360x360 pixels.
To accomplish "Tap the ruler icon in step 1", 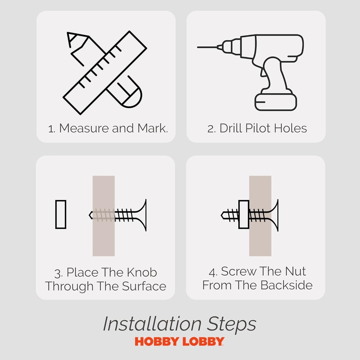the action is click(105, 72).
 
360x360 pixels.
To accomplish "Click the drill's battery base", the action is click(276, 102).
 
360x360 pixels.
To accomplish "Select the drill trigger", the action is click(263, 71).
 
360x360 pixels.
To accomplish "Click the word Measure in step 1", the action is click(84, 128).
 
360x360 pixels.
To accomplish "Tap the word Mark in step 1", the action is click(153, 128).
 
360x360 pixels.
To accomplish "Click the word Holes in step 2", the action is click(290, 128).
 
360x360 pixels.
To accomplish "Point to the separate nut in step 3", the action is click(61, 214).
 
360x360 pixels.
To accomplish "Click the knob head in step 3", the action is click(141, 215).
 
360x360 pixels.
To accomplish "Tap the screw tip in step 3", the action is click(90, 215).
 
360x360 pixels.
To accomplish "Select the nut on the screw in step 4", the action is click(244, 214).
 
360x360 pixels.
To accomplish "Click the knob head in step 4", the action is click(273, 216).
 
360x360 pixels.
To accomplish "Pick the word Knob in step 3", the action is click(142, 272).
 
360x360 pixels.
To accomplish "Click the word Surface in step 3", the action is click(144, 286).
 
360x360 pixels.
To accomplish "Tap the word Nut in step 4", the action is click(295, 271).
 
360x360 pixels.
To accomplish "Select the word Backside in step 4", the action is click(287, 285).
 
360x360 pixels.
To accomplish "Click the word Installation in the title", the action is click(152, 324).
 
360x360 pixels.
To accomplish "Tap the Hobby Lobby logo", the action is click(180, 341).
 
